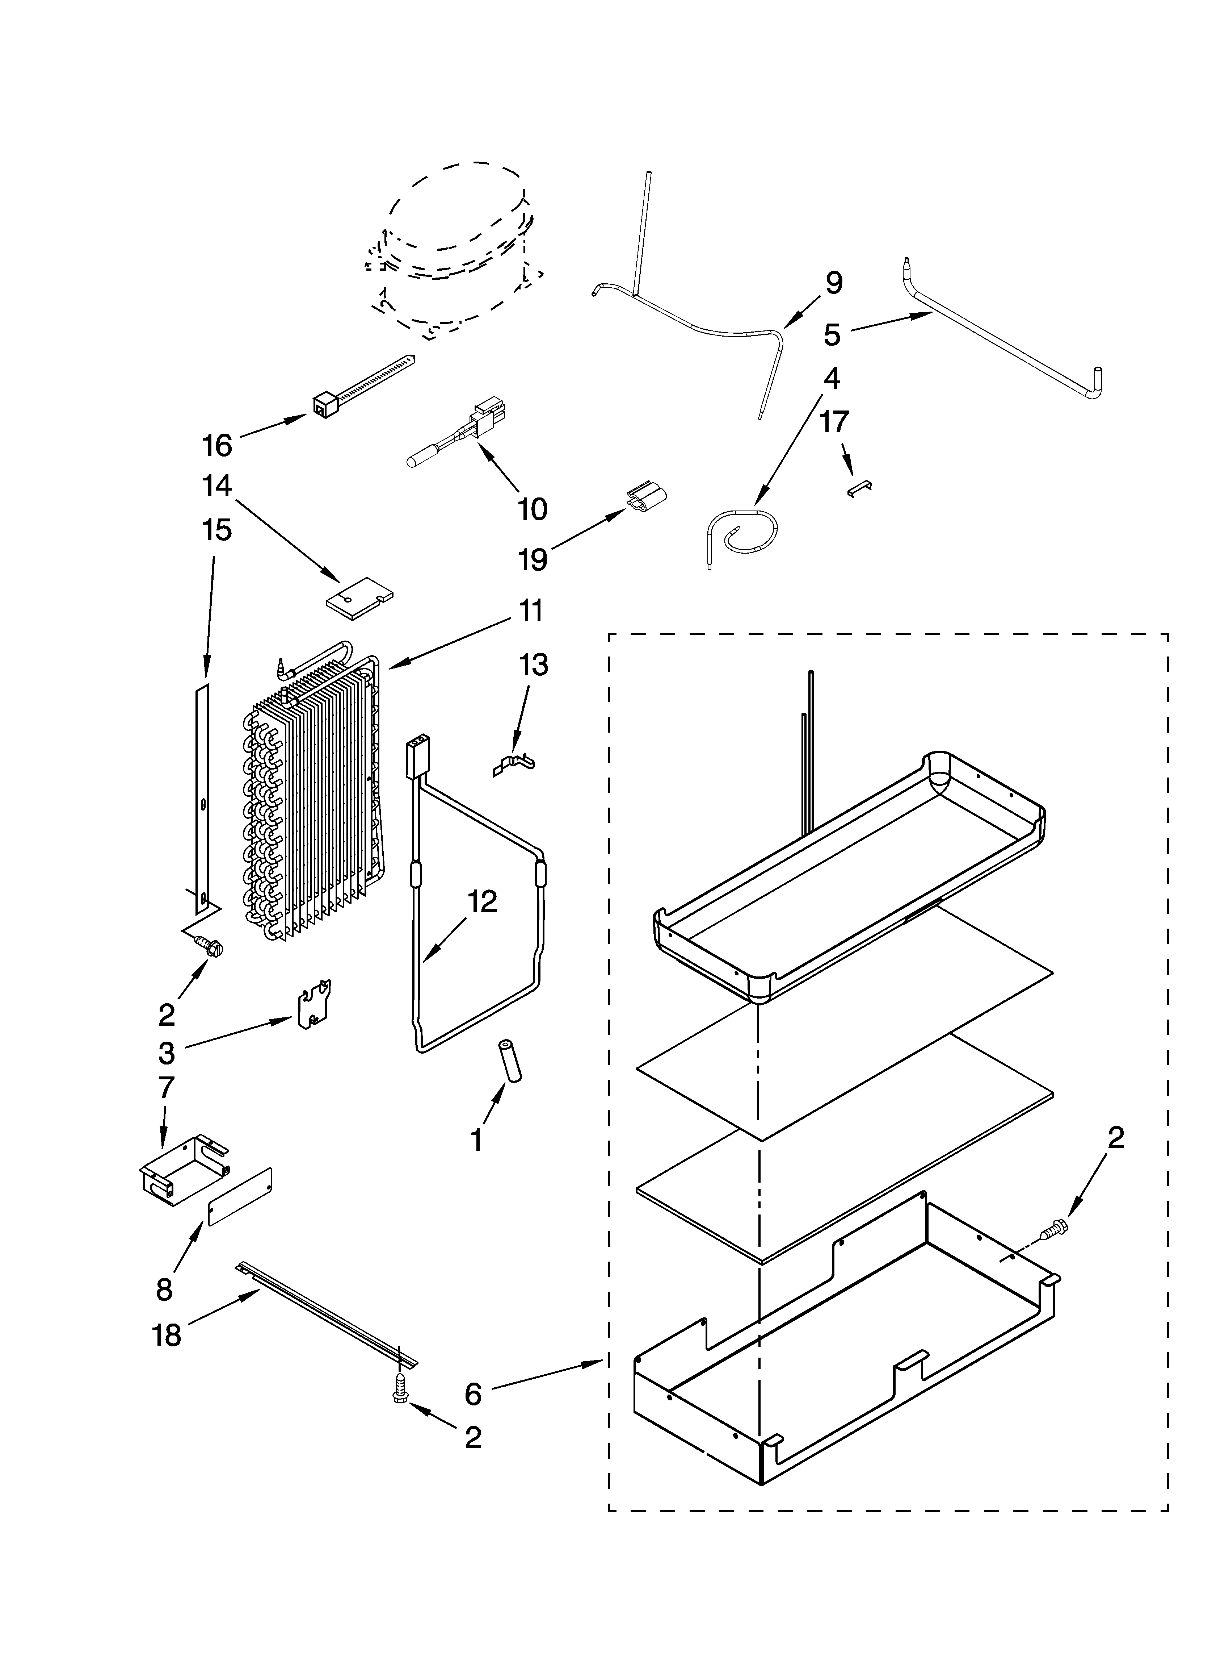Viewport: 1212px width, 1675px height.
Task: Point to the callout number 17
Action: pyautogui.click(x=834, y=422)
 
